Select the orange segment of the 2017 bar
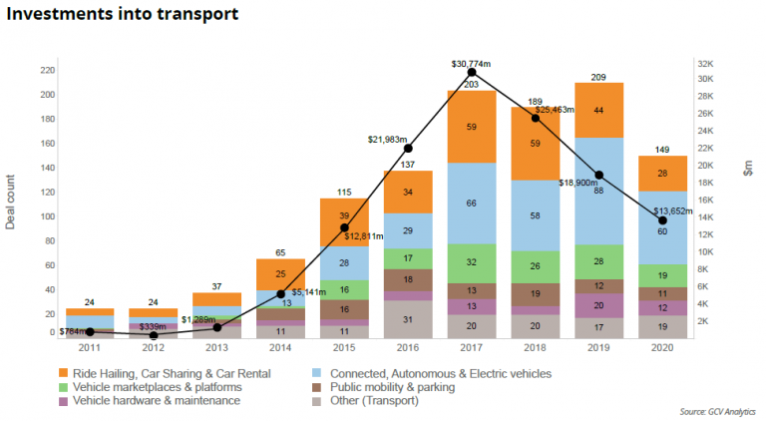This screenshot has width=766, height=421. (x=472, y=127)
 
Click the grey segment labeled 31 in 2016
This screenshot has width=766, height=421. (x=408, y=318)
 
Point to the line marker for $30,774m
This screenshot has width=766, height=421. (x=472, y=73)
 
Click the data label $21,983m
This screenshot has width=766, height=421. (x=389, y=139)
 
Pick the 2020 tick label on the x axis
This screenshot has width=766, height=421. (x=662, y=350)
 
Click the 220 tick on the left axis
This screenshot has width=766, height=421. (x=47, y=70)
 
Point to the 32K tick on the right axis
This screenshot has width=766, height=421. (x=703, y=62)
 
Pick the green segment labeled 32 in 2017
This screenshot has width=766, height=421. (x=472, y=262)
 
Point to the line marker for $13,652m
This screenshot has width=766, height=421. (x=663, y=220)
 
